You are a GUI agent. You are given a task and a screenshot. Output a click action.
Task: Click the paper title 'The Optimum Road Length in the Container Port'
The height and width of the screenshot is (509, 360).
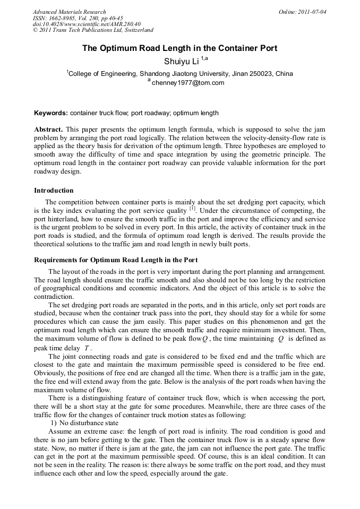click(179, 48)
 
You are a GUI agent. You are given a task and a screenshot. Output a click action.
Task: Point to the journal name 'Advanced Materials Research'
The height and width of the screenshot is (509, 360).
click(70, 12)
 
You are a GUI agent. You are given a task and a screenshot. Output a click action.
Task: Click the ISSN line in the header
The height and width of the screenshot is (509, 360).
click(78, 18)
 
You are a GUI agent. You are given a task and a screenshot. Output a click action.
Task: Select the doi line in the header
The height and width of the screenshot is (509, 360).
click(87, 24)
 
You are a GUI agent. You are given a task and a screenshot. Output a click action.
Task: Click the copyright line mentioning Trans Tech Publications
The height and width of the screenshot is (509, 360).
click(93, 31)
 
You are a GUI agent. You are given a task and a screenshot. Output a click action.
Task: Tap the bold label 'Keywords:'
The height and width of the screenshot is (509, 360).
click(51, 113)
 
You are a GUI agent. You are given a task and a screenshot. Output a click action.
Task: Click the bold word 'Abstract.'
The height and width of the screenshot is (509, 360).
click(49, 130)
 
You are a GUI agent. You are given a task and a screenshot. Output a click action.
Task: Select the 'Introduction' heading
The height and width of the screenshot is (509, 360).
click(54, 191)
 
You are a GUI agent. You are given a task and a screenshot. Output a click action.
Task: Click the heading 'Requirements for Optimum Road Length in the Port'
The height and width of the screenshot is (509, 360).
click(116, 260)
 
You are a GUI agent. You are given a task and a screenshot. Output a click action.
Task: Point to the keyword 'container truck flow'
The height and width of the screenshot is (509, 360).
click(97, 113)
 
